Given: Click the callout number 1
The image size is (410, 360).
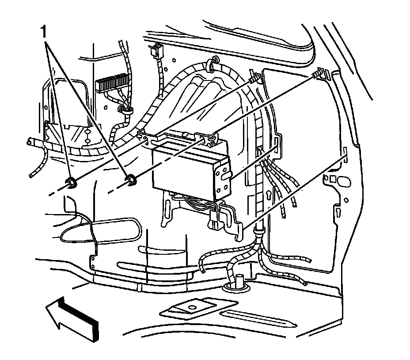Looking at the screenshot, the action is [43, 31].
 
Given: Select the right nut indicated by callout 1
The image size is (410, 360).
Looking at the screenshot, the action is [130, 179].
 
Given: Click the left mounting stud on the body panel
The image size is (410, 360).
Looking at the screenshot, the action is [253, 80].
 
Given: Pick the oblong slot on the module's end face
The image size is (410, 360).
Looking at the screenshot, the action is [225, 177].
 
